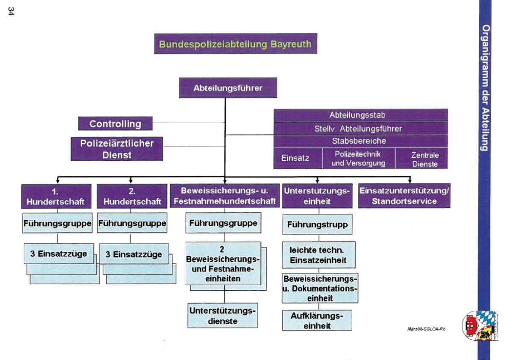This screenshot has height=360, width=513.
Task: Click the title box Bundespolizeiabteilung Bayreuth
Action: click(x=236, y=44)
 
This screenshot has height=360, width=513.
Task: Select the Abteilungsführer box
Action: click(x=228, y=89)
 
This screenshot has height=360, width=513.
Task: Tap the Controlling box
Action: click(x=115, y=124)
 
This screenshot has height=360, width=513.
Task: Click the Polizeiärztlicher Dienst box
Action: click(x=117, y=149)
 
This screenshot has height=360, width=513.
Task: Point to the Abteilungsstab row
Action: click(x=360, y=115)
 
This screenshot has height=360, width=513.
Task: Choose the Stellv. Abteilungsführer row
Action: click(x=360, y=128)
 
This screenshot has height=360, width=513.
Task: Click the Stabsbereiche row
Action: click(x=360, y=141)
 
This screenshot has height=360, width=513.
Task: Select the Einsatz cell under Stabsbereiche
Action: click(x=295, y=158)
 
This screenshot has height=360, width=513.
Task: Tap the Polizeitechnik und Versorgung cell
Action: click(x=358, y=158)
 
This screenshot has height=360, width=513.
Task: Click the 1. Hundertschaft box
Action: click(x=56, y=196)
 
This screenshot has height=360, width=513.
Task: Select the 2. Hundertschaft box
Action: click(x=132, y=196)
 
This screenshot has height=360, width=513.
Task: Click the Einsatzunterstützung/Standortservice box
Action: click(x=404, y=196)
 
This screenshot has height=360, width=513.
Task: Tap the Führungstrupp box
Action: click(x=317, y=224)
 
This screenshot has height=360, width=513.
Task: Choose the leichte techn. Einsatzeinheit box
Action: click(x=317, y=255)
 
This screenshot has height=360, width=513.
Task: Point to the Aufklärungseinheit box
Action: click(x=317, y=321)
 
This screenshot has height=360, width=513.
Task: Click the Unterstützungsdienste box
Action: click(x=222, y=316)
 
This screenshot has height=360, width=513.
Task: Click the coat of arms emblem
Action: click(x=480, y=326)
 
